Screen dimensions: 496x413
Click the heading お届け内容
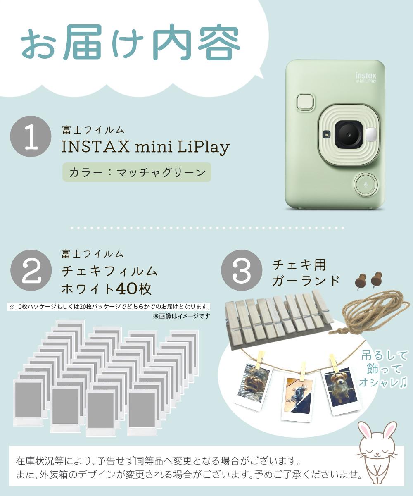131,44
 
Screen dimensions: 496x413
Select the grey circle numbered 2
31,270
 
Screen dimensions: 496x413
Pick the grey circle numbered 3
242,270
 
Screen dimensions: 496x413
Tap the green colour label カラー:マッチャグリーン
137,172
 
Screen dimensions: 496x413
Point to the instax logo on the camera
366,77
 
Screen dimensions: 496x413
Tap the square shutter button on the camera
305,102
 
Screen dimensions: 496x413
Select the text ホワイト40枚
106,288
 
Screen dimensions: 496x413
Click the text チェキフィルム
109,271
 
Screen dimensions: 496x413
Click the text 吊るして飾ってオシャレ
385,369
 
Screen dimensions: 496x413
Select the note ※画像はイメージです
181,316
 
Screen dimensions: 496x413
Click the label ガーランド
306,281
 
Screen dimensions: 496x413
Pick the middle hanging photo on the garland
297,397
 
